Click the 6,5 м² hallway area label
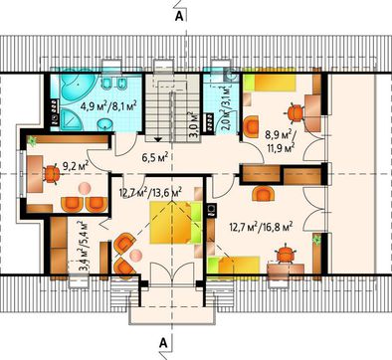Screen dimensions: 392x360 click(155, 157)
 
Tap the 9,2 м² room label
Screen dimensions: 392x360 click(76, 164)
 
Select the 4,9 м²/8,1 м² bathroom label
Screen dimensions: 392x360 click(108, 106)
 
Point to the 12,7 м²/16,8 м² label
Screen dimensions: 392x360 click(261, 227)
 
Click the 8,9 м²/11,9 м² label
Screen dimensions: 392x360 click(281, 140)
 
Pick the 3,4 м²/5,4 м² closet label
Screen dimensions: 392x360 click(84, 247)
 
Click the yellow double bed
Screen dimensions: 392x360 click(176, 222)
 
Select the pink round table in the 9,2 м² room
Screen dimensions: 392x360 click(85, 188)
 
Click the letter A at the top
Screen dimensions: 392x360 click(179, 17)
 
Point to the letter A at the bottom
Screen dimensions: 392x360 click(162, 342)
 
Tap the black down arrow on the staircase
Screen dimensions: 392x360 click(158, 139)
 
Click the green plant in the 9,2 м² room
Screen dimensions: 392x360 click(33, 140)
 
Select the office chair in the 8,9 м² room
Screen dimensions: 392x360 click(294, 112)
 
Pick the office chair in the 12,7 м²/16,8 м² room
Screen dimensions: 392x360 click(286, 254)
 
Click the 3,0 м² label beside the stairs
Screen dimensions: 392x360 click(193, 124)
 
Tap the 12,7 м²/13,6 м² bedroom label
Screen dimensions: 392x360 click(150, 193)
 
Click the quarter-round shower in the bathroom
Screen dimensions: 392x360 click(68, 117)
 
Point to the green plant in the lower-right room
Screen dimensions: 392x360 click(316, 239)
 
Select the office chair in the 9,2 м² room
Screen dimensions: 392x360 click(51, 174)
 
